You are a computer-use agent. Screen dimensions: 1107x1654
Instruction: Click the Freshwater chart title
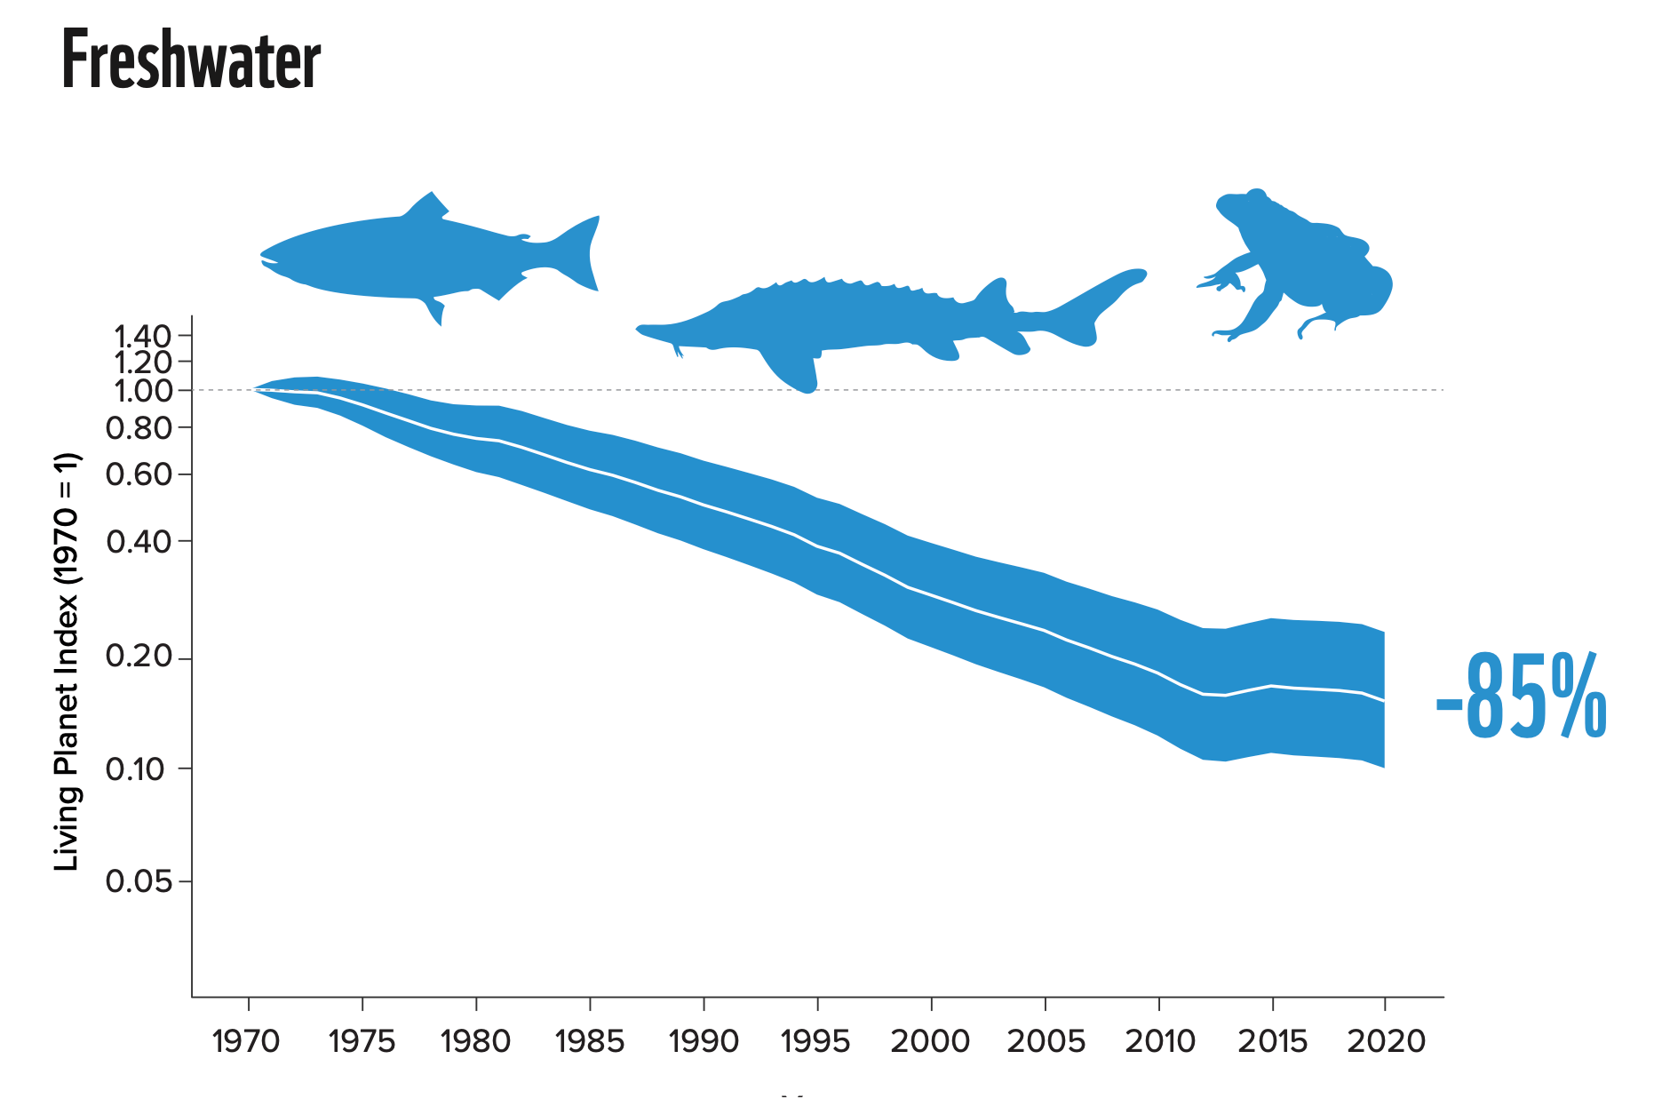[191, 60]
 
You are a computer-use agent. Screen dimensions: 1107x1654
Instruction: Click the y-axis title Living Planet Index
[68, 662]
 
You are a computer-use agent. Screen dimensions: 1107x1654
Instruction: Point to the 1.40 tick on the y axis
[142, 336]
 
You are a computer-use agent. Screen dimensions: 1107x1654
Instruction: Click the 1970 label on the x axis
[247, 1040]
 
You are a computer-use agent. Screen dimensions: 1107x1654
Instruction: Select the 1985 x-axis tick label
[590, 1040]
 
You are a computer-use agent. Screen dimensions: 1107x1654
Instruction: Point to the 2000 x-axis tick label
[930, 1040]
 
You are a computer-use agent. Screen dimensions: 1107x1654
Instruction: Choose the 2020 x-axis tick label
[1386, 1040]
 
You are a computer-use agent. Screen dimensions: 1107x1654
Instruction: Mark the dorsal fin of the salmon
[427, 206]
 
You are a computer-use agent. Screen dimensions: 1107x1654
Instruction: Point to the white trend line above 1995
[817, 546]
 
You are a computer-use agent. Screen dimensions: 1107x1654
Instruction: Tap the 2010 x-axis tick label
[1159, 1040]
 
